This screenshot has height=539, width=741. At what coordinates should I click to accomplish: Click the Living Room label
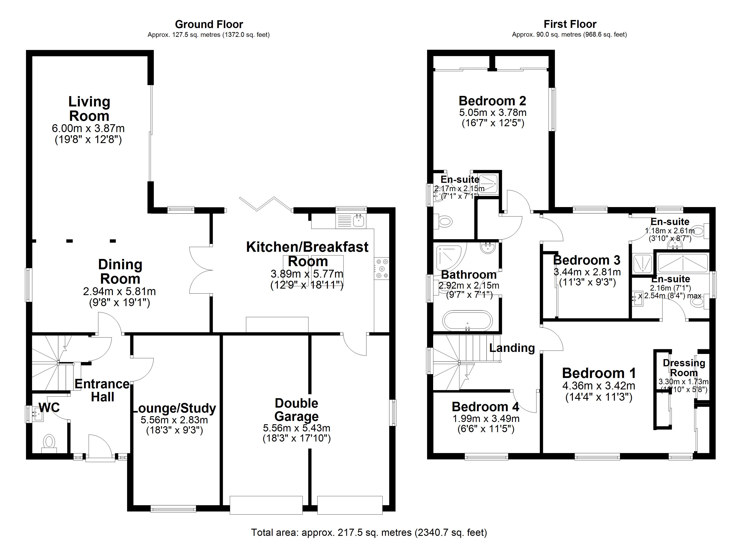click(x=89, y=109)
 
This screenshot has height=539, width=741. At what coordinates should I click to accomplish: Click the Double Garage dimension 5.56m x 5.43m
click(x=296, y=428)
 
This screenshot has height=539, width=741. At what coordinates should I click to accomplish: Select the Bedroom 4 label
click(x=485, y=407)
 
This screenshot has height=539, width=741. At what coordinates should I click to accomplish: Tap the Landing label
click(x=512, y=348)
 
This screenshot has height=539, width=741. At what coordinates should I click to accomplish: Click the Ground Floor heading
click(x=209, y=24)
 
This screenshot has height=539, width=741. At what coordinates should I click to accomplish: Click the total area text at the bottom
click(x=369, y=532)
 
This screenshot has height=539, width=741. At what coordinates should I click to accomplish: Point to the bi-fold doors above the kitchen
click(x=265, y=204)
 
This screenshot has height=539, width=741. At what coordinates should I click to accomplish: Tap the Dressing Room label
click(x=684, y=368)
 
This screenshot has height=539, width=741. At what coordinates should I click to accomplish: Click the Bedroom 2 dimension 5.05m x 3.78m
click(x=493, y=113)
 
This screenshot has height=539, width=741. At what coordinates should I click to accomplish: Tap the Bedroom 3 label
click(x=587, y=260)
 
